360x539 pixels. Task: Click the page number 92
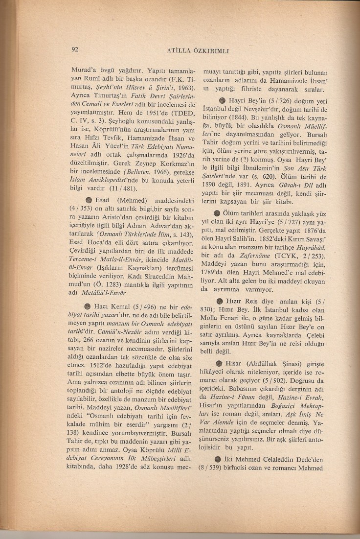[x=75, y=49]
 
